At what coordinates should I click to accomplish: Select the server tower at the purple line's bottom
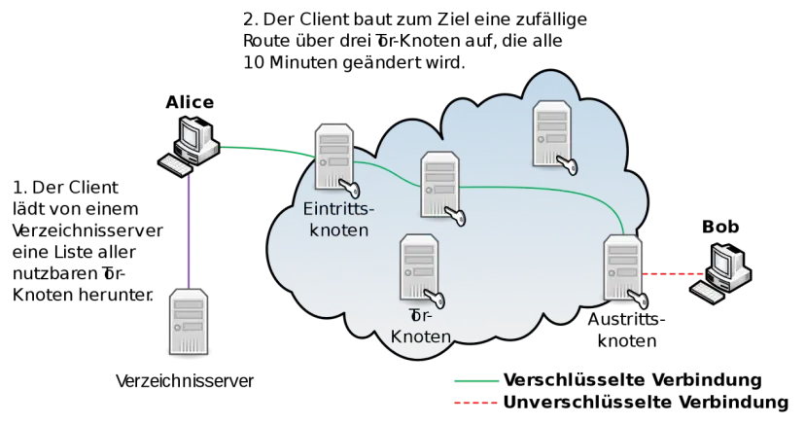point(189,322)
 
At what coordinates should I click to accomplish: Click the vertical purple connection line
point(188,229)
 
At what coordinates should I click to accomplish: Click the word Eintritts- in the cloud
point(337,212)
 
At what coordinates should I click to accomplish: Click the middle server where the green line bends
point(438,183)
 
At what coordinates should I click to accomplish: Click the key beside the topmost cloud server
point(567,166)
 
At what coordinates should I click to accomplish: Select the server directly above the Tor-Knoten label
point(418,266)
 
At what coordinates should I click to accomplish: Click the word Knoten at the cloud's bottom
point(420,336)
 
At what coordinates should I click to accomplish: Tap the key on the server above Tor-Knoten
point(435,297)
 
